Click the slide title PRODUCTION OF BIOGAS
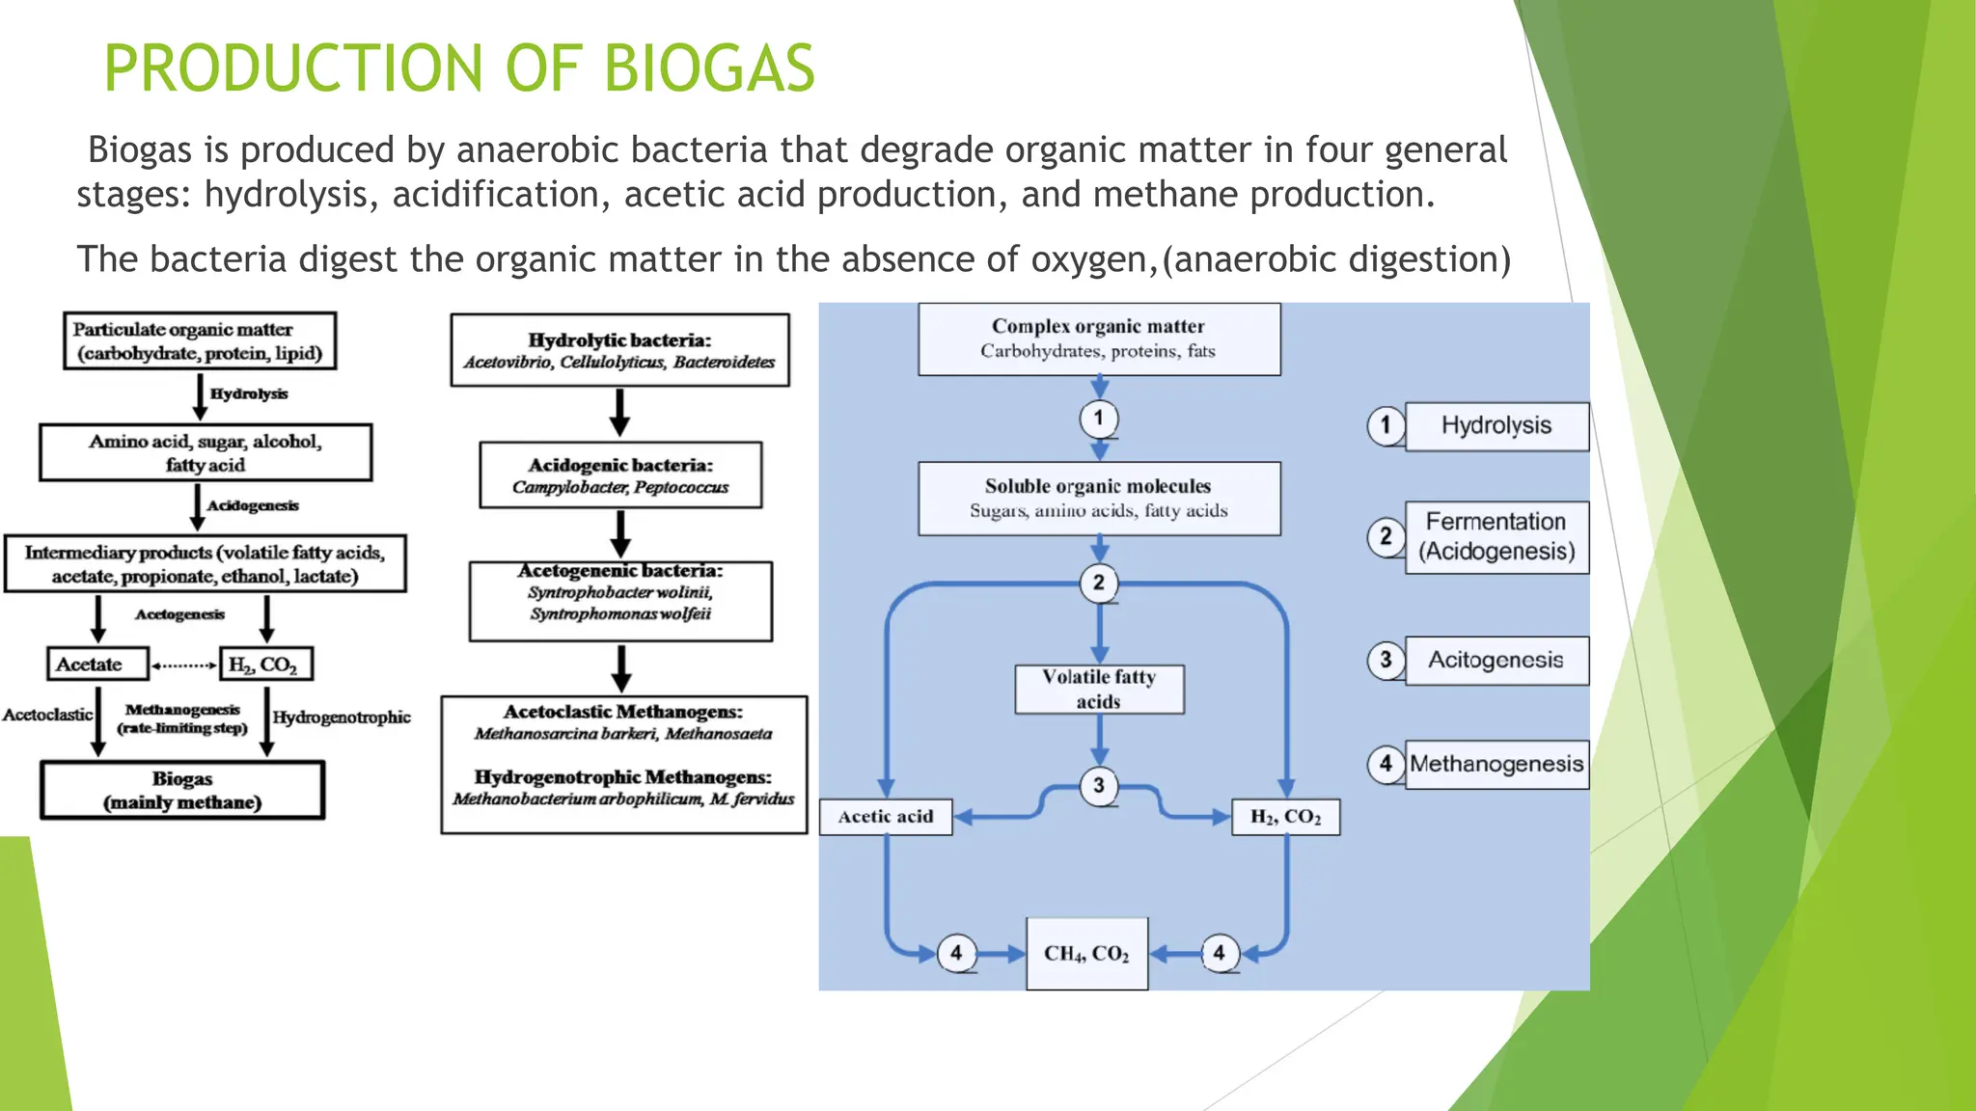pyautogui.click(x=459, y=68)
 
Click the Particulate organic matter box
pyautogui.click(x=200, y=341)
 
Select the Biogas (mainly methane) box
pyautogui.click(x=182, y=791)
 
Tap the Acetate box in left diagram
pyautogui.click(x=96, y=664)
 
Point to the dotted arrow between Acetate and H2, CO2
pyautogui.click(x=184, y=665)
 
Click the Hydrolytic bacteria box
pyautogui.click(x=619, y=350)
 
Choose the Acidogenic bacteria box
pyautogui.click(x=620, y=475)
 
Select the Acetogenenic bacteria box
pyautogui.click(x=620, y=601)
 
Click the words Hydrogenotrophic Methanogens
pyautogui.click(x=622, y=777)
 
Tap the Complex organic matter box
pyautogui.click(x=1099, y=339)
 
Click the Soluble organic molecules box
pyautogui.click(x=1099, y=499)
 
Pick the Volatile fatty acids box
pyautogui.click(x=1099, y=689)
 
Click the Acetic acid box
pyautogui.click(x=886, y=817)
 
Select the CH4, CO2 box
pyautogui.click(x=1086, y=954)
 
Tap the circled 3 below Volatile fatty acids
pyautogui.click(x=1099, y=786)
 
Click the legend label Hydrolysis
pyautogui.click(x=1496, y=426)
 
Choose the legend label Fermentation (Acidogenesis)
pyautogui.click(x=1496, y=537)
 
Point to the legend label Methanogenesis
pyautogui.click(x=1496, y=765)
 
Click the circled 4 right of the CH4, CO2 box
pyautogui.click(x=1220, y=954)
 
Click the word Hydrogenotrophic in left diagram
pyautogui.click(x=342, y=718)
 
